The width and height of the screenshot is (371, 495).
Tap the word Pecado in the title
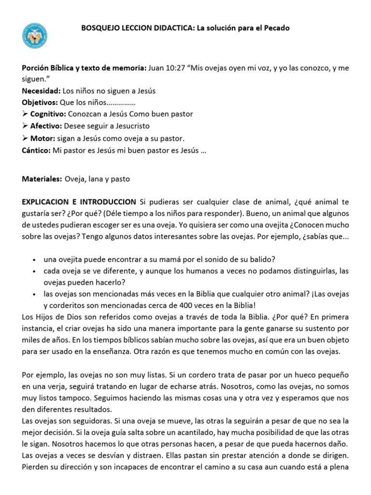pos(277,28)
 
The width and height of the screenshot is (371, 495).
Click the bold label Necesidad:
pos(41,91)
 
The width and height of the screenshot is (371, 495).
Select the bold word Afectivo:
pos(47,126)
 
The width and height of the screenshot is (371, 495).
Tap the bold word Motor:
pos(43,137)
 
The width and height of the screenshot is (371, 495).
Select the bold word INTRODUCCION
pos(107,201)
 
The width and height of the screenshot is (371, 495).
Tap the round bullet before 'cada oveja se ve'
pos(34,271)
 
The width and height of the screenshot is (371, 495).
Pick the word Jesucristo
pos(129,126)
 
